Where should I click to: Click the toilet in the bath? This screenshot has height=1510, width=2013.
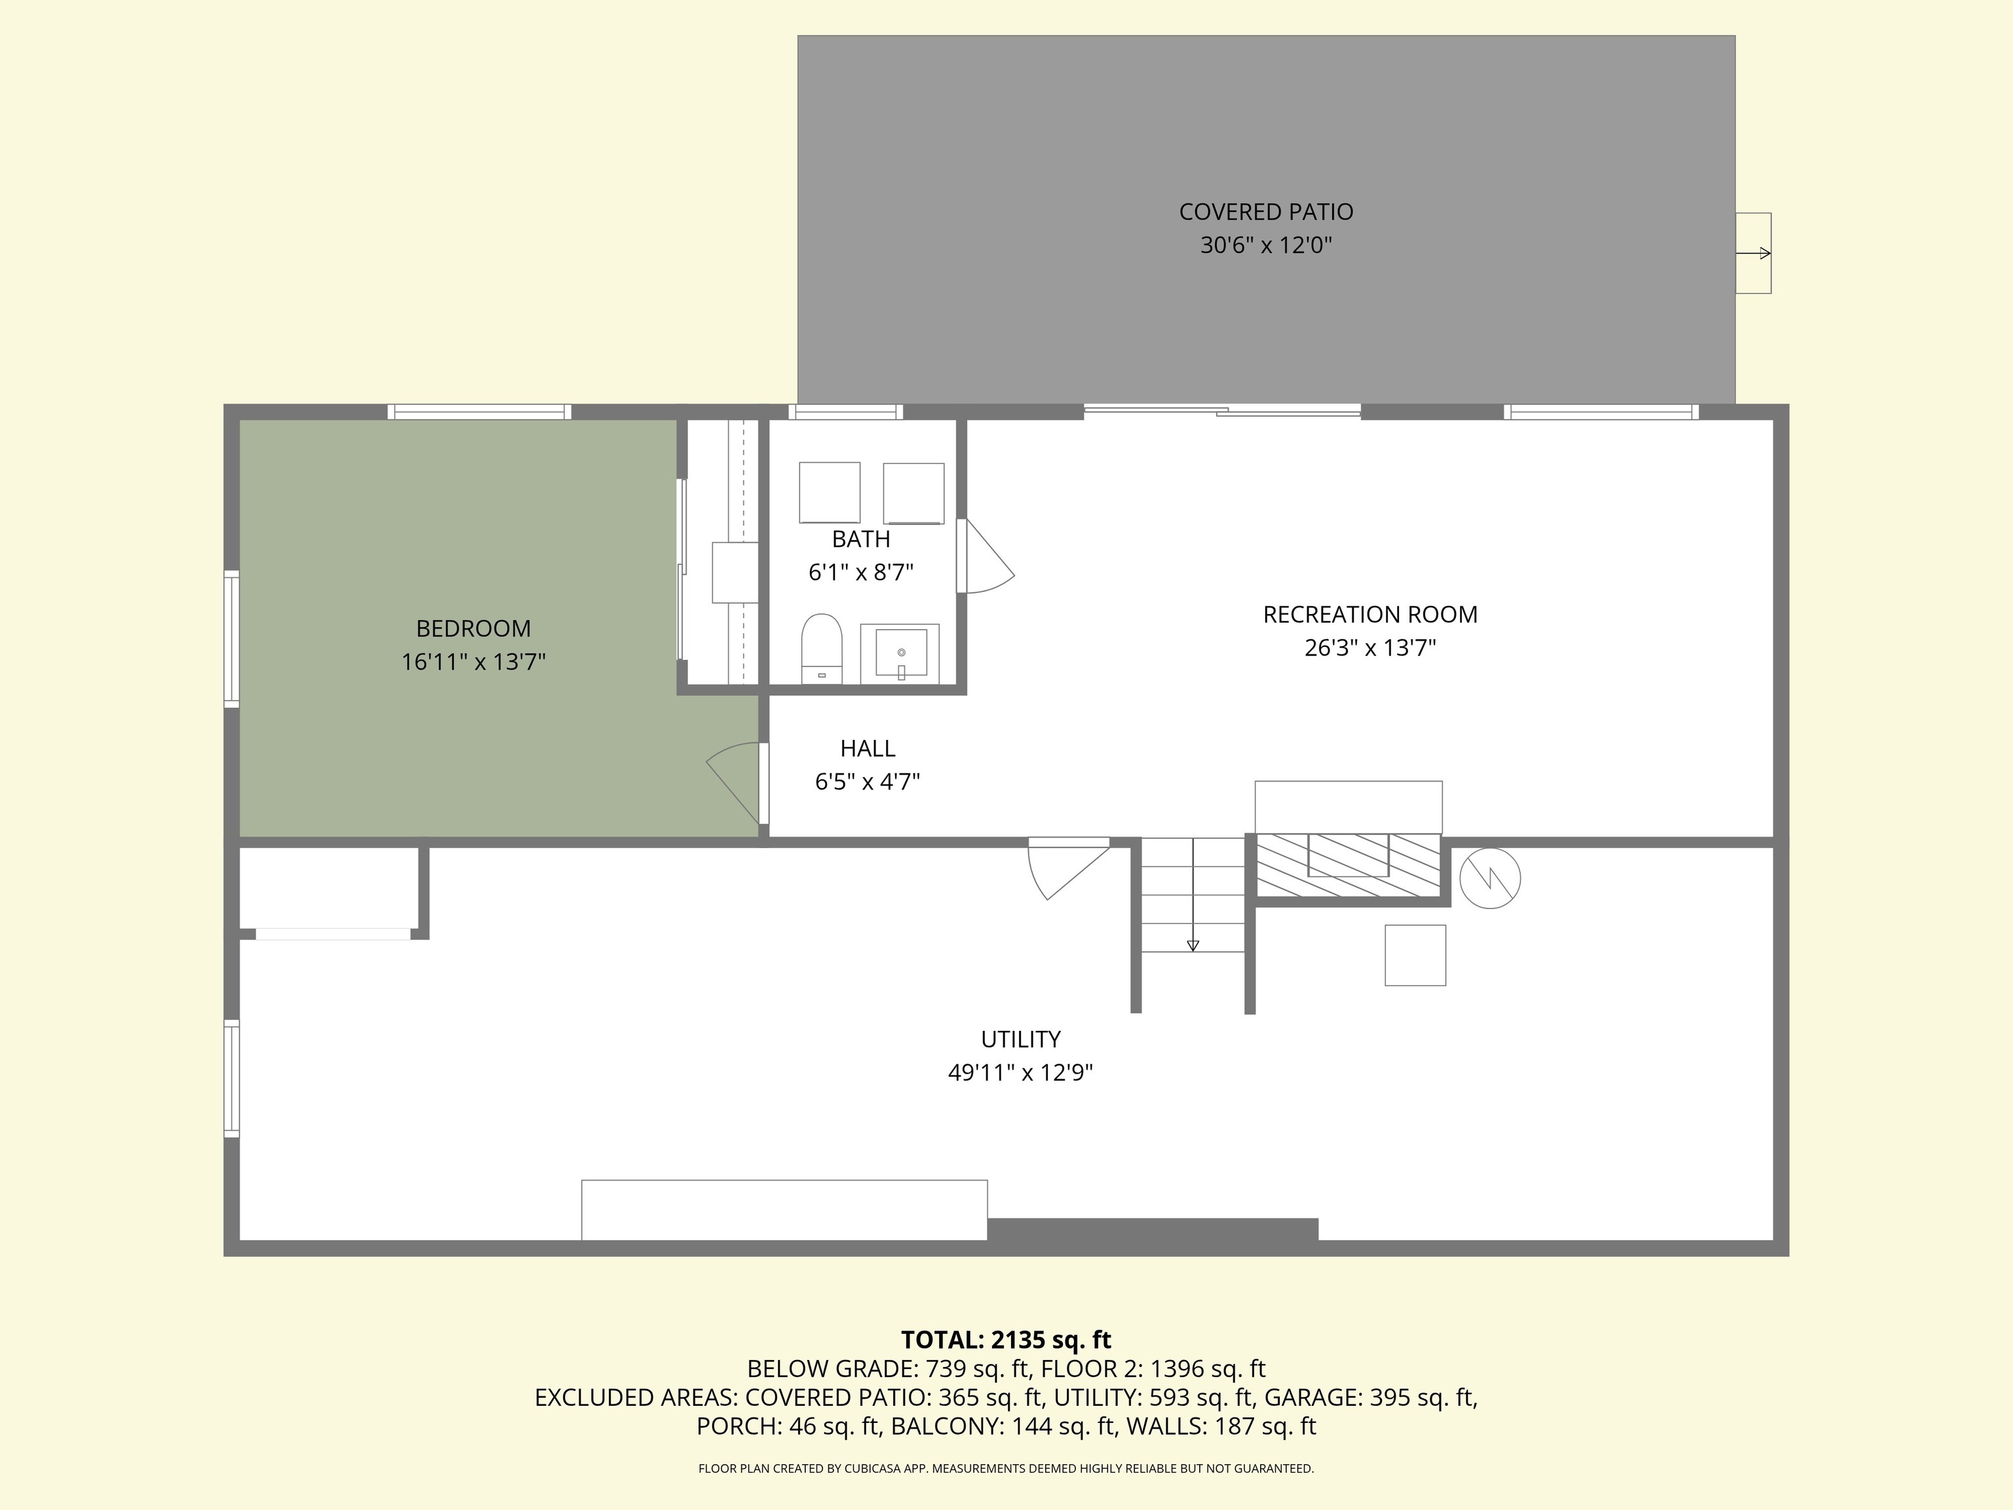tap(822, 648)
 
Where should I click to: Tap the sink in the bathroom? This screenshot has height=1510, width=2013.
tap(900, 653)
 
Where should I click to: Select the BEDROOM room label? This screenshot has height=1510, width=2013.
tap(473, 628)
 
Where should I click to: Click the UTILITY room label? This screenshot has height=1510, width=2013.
tap(1020, 1039)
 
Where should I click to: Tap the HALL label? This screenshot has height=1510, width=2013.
tap(868, 748)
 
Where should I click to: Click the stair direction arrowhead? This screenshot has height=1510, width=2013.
tap(1193, 946)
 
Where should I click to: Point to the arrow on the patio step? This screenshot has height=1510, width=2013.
tap(1754, 253)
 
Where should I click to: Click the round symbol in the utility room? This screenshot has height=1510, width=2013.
tap(1489, 878)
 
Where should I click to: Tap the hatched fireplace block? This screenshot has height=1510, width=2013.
tap(1348, 864)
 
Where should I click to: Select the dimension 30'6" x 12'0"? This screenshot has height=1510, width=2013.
tap(1266, 246)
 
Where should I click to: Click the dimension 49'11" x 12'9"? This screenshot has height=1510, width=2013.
tap(1020, 1073)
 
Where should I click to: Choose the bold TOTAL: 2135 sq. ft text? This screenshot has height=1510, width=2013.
tap(1006, 1340)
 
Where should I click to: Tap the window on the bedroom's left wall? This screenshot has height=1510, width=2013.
tap(232, 639)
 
